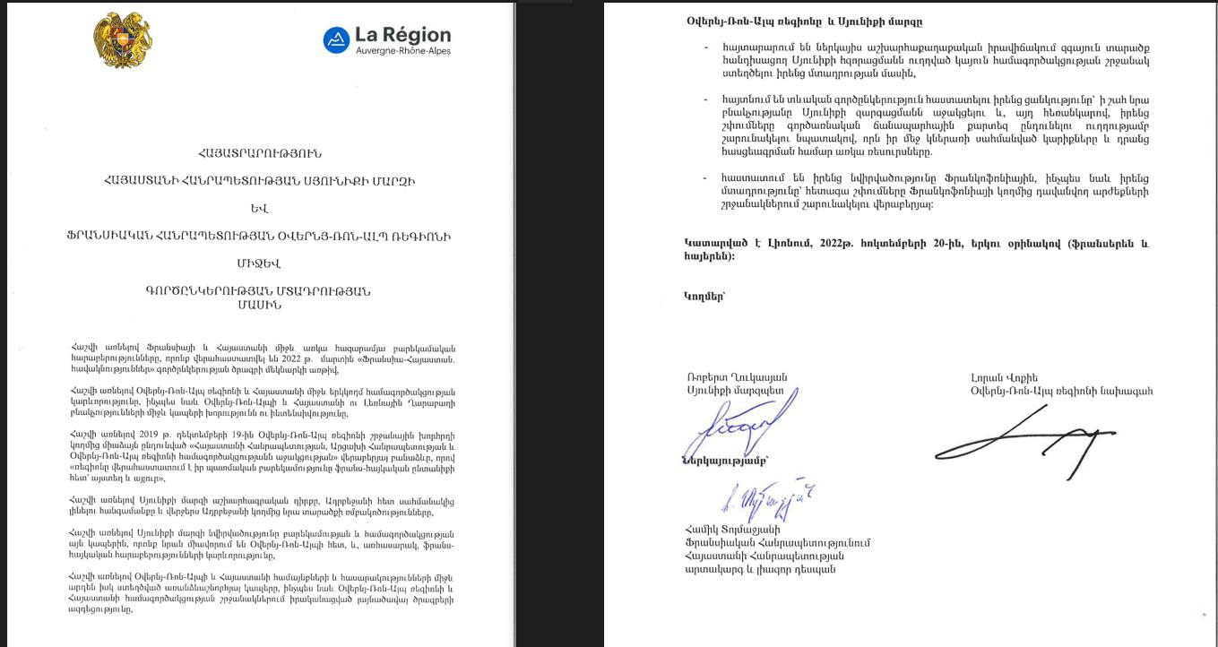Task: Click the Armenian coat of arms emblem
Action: pos(122,41)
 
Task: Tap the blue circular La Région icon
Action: pos(336,39)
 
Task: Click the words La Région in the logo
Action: pos(402,35)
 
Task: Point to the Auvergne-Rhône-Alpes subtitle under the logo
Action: pos(403,51)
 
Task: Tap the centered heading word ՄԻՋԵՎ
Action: pos(260,263)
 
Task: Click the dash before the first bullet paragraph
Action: pos(706,46)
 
